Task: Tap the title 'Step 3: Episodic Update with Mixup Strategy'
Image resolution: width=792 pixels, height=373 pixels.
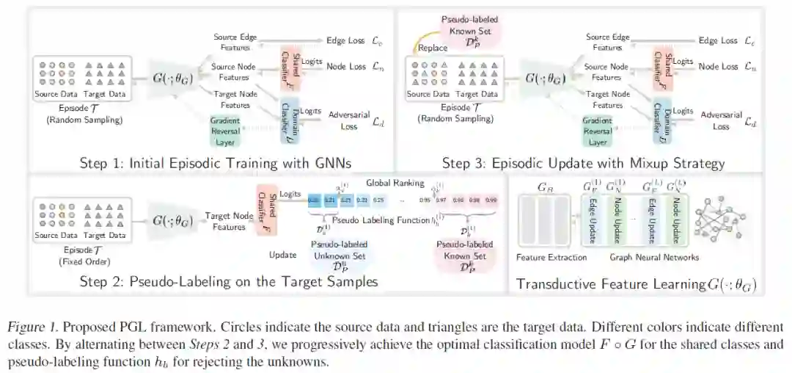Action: (x=584, y=163)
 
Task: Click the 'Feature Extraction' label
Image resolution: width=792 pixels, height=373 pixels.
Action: (x=551, y=258)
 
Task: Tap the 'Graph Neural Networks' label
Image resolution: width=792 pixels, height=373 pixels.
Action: (x=655, y=258)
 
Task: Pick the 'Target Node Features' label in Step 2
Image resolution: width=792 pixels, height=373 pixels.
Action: (x=224, y=221)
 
